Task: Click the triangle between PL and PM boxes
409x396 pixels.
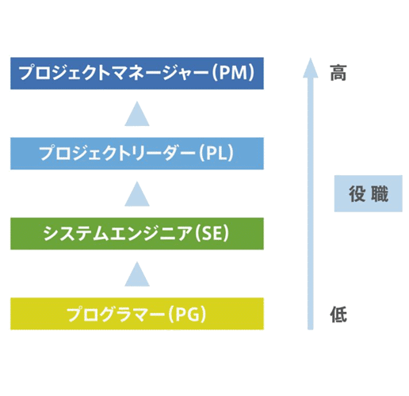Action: pyautogui.click(x=137, y=115)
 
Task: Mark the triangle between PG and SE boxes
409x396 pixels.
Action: pyautogui.click(x=137, y=275)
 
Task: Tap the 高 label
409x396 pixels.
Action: pyautogui.click(x=338, y=74)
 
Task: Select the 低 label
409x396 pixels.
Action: pyautogui.click(x=338, y=315)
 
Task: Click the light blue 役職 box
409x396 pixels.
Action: pyautogui.click(x=362, y=194)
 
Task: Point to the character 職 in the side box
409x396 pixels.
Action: pyautogui.click(x=373, y=194)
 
